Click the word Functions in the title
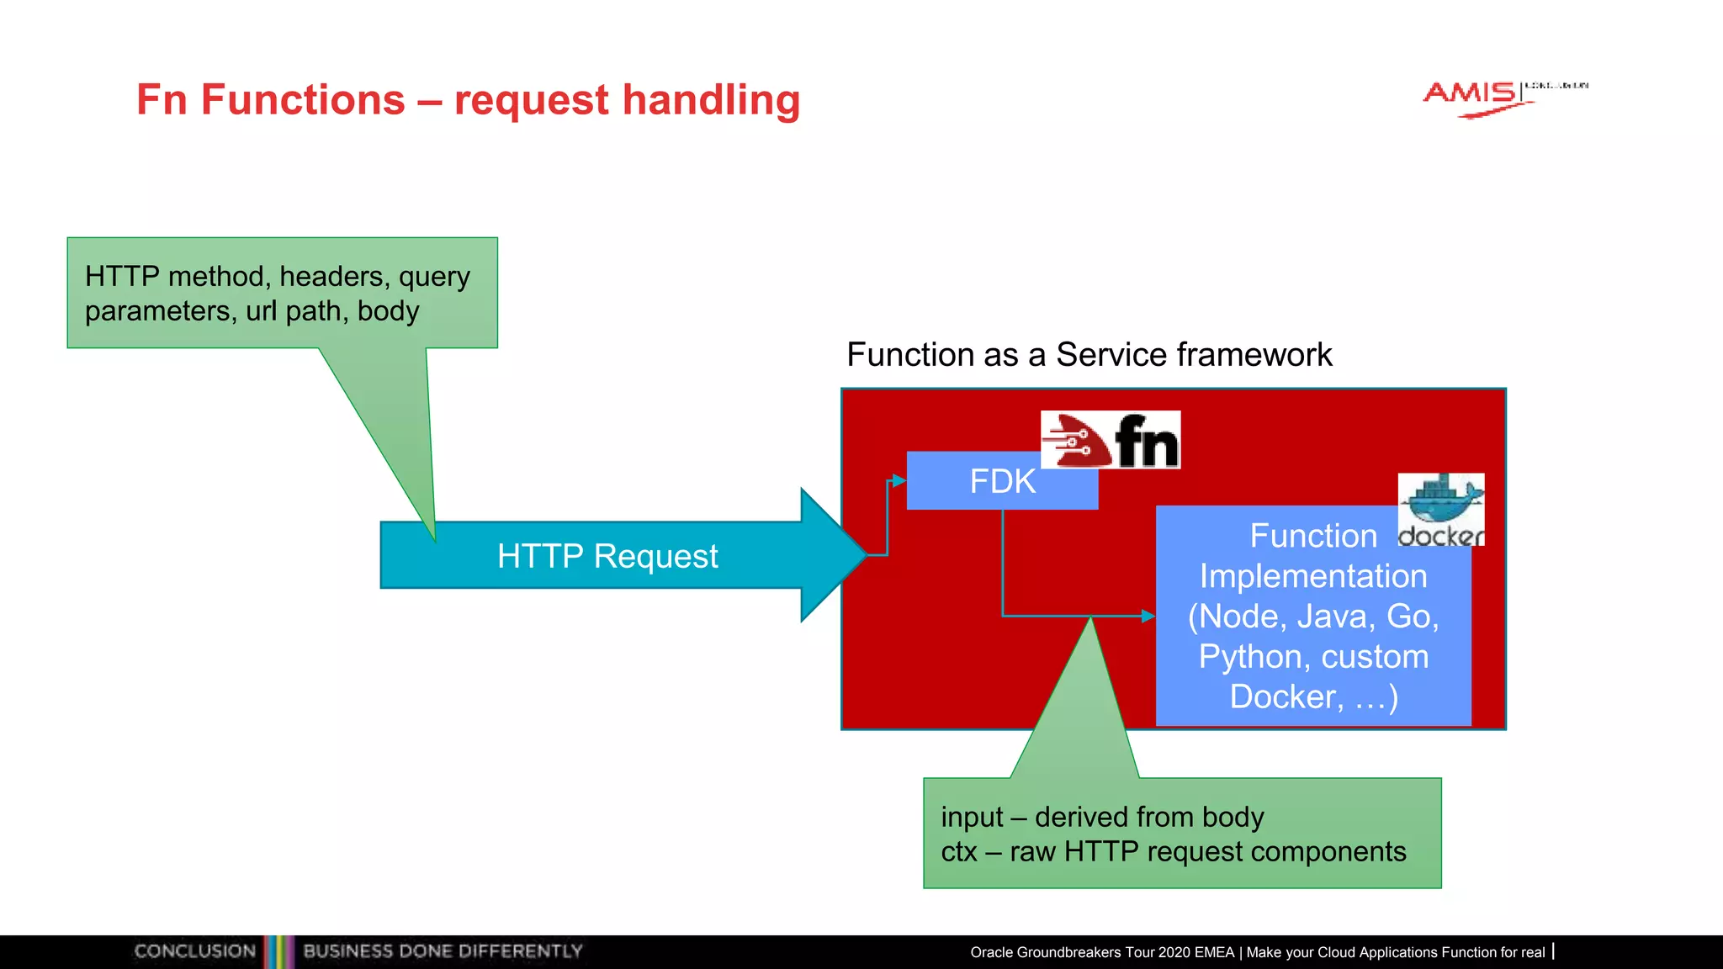tap(303, 100)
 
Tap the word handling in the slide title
tap(712, 100)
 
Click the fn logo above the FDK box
tap(1111, 440)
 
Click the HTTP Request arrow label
tap(607, 556)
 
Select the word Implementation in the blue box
tap(1313, 576)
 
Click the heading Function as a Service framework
tap(1089, 355)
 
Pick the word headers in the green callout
tap(334, 277)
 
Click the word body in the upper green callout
tap(388, 311)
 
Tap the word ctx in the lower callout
tap(959, 852)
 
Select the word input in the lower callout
tap(972, 818)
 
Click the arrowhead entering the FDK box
tap(899, 481)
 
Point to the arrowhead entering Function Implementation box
tap(1148, 617)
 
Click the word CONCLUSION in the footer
tap(194, 951)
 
